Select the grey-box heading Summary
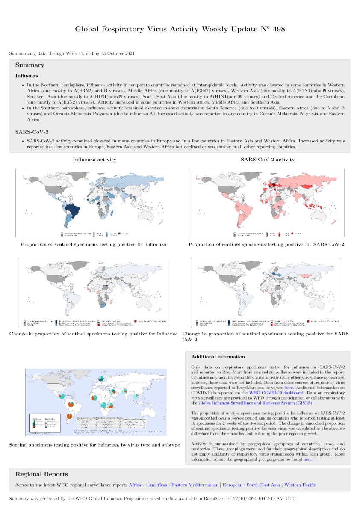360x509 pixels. pyautogui.click(x=30, y=65)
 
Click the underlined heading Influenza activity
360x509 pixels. pyautogui.click(x=94, y=160)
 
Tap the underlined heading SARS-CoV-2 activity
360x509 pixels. pyautogui.click(x=268, y=160)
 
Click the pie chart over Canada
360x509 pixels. pyautogui.click(x=100, y=378)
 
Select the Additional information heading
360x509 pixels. pyautogui.click(x=218, y=356)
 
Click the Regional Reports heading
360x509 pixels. pyautogui.click(x=41, y=474)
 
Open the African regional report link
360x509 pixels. pyautogui.click(x=136, y=485)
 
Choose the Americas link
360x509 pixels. pyautogui.click(x=158, y=485)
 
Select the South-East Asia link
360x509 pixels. pyautogui.click(x=263, y=485)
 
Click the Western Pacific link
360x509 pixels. pyautogui.click(x=300, y=485)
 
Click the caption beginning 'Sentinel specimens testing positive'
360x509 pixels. pyautogui.click(x=94, y=445)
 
